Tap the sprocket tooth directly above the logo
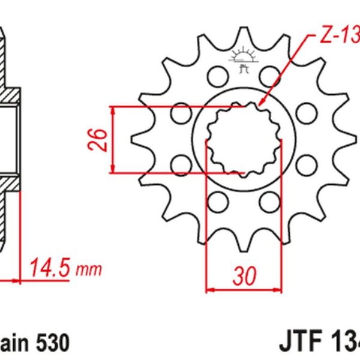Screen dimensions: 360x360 coord(244,37)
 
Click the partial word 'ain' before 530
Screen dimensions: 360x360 coord(15,343)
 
